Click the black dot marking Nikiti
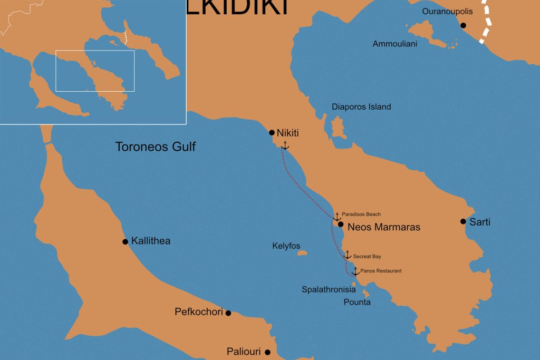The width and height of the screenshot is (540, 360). click(272, 133)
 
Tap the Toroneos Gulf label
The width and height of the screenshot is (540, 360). click(156, 147)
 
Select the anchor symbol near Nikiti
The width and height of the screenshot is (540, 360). click(285, 145)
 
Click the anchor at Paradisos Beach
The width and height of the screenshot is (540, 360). click(337, 216)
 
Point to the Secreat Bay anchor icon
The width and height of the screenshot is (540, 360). click(347, 255)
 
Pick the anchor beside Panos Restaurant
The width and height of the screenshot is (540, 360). click(355, 271)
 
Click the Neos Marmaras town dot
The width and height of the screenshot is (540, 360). click(341, 224)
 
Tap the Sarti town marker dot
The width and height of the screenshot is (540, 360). click(463, 221)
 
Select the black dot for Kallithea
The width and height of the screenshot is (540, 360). click(125, 242)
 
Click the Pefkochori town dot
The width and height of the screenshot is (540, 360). click(228, 313)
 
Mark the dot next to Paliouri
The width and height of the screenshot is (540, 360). click(267, 352)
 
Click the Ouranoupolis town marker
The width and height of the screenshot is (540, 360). click(463, 25)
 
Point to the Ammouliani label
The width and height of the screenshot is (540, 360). click(395, 44)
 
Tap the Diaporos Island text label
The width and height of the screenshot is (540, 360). click(361, 107)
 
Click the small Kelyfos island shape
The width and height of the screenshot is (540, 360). click(302, 254)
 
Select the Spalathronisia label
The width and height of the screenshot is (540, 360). click(329, 289)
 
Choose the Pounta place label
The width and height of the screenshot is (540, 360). click(357, 302)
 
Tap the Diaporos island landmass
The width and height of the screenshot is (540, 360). click(338, 128)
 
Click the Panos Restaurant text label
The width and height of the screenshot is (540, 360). click(381, 271)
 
